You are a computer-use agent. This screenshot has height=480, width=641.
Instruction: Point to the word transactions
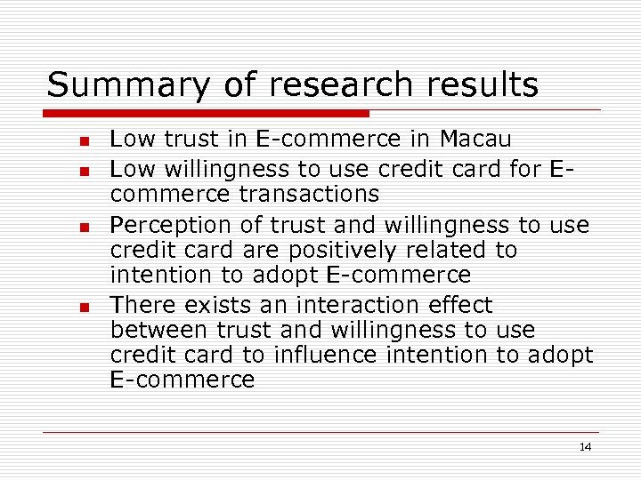pyautogui.click(x=311, y=194)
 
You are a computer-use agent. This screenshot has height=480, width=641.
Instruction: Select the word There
pyautogui.click(x=142, y=305)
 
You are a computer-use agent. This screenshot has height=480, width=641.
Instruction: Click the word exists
pyautogui.click(x=216, y=305)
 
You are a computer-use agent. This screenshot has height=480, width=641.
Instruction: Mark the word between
pyautogui.click(x=159, y=331)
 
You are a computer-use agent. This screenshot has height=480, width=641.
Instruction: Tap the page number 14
pyautogui.click(x=585, y=447)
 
